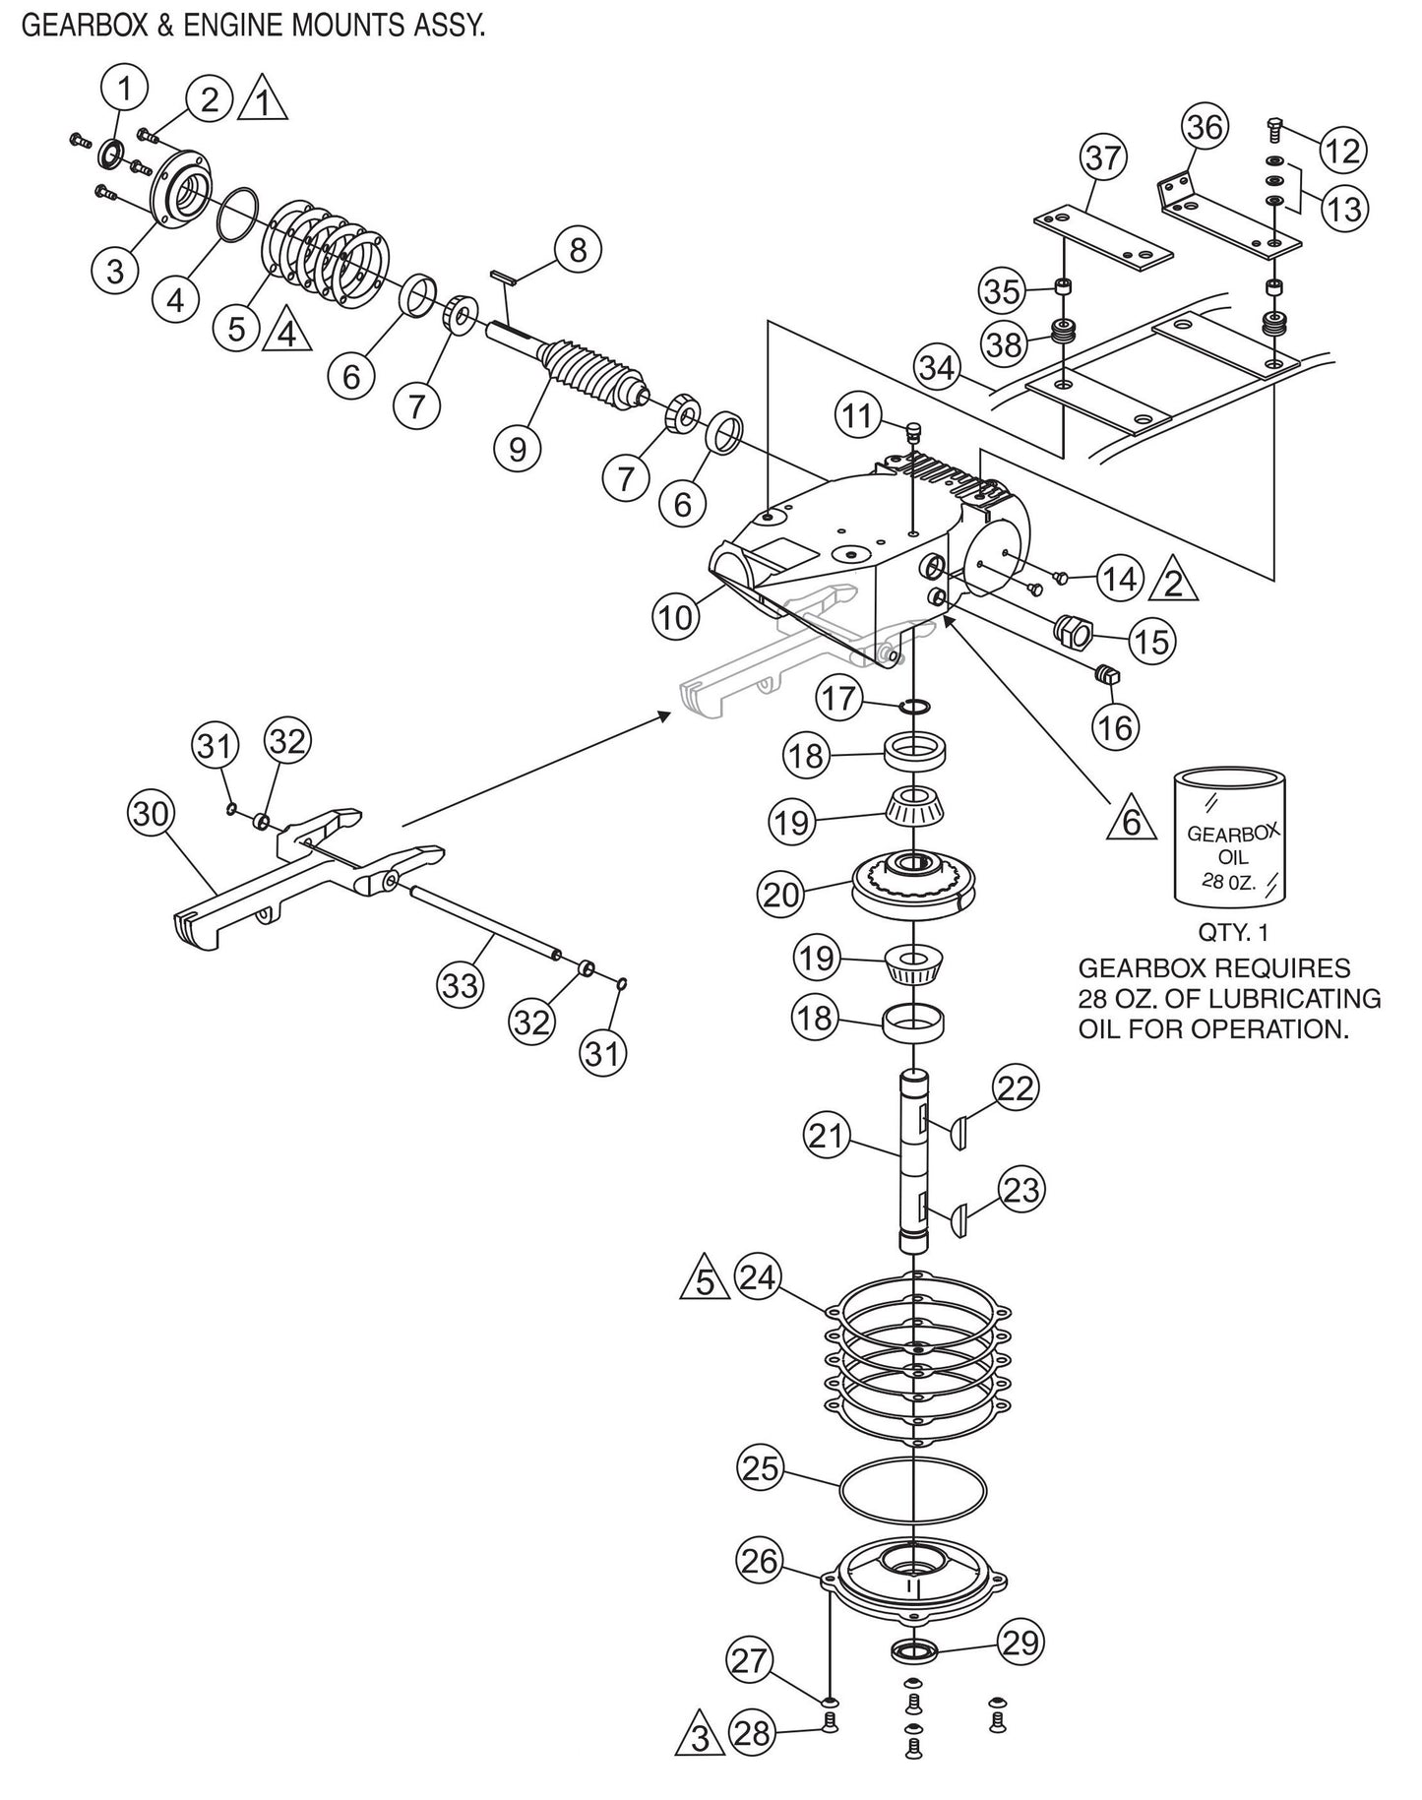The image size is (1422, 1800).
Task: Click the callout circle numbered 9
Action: coord(518,449)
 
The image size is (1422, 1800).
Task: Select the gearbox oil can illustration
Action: coord(1230,838)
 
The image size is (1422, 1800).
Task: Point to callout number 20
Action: coord(781,895)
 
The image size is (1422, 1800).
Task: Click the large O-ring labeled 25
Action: coord(913,1495)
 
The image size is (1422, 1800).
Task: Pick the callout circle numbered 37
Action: coord(1105,157)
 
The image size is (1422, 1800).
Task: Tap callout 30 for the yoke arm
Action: coord(152,815)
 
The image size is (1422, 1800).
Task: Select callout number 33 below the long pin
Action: coord(461,984)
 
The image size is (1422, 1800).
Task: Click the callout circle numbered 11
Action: coord(858,416)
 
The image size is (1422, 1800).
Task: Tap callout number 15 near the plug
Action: coord(1150,642)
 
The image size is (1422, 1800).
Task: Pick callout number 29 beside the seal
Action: coord(1020,1644)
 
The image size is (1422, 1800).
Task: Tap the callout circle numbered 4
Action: coord(175,298)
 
